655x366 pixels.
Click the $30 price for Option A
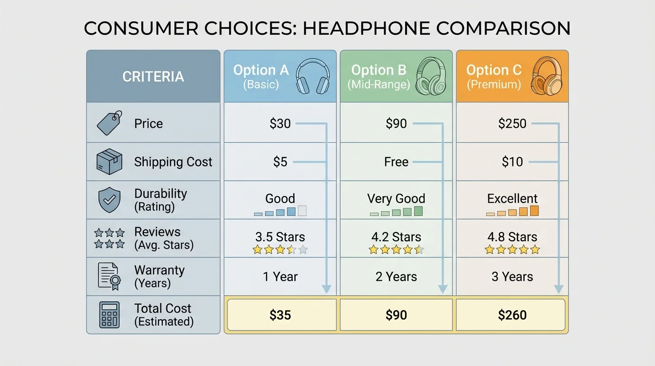pos(280,124)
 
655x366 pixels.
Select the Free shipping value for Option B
pos(396,162)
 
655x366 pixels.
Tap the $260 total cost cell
pos(512,315)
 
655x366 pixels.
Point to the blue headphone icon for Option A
pos(313,76)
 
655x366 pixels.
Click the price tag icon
pos(109,123)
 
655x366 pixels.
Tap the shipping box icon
pos(109,161)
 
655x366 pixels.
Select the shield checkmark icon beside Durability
pos(109,200)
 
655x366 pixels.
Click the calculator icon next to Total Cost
pos(109,315)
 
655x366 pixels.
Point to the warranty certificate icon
pos(109,276)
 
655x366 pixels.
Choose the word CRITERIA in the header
pos(153,77)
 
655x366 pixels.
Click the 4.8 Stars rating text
pos(512,237)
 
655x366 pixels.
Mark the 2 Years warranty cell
pos(396,276)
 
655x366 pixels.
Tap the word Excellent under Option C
pos(512,198)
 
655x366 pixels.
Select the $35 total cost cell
pos(280,315)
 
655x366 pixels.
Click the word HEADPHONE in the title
pos(365,29)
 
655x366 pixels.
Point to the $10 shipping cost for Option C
pos(512,162)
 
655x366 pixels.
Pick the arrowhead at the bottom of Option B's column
pos(443,288)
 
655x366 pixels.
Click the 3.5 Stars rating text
pos(280,237)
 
